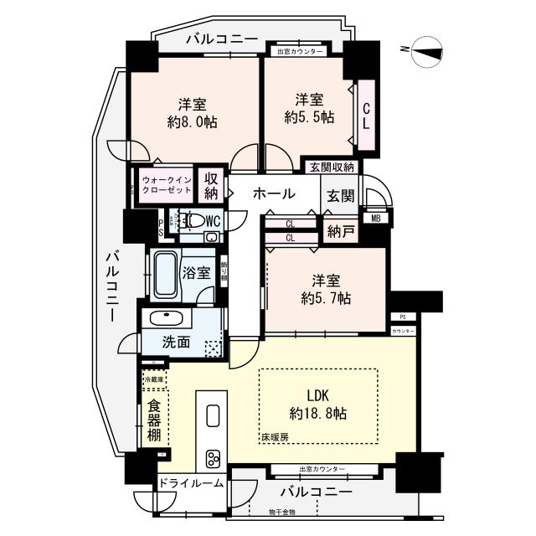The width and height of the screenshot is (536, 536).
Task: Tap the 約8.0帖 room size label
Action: [192, 113]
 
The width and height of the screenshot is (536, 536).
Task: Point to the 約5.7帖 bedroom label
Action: [326, 288]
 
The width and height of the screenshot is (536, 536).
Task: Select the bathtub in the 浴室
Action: [165, 275]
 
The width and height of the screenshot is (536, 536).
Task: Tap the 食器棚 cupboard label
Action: [153, 421]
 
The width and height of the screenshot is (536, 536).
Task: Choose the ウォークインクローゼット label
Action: [167, 185]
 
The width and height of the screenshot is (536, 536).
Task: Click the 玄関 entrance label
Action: [341, 195]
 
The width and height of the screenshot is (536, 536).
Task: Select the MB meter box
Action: [376, 219]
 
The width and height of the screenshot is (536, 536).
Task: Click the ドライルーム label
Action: [190, 483]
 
